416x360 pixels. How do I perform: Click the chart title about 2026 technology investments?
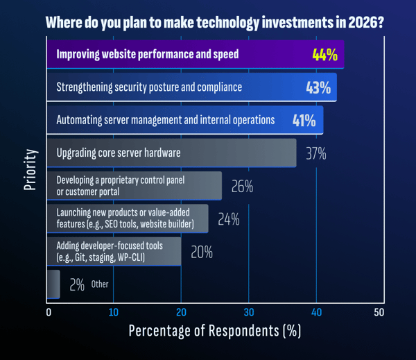coord(214,22)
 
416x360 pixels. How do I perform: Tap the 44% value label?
coord(324,55)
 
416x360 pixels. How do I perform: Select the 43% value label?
coord(318,88)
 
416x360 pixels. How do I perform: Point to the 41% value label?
coord(304,121)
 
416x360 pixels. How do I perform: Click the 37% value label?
coord(315,153)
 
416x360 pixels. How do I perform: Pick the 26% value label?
coord(242,187)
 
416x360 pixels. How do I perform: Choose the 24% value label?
coord(228,220)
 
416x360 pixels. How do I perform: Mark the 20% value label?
coord(201,252)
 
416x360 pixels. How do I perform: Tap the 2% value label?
coord(76,284)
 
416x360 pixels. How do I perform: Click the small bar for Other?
coord(53,284)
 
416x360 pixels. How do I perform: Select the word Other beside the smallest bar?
coord(100,284)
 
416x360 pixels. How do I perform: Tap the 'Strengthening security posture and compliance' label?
coord(149,88)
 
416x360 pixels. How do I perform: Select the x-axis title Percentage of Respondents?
coord(214,332)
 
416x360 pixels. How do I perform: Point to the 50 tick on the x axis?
coord(379,312)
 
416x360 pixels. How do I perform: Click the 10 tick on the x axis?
coord(114,312)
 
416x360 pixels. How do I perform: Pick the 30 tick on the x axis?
coord(248,312)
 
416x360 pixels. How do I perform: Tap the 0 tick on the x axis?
coord(49,312)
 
